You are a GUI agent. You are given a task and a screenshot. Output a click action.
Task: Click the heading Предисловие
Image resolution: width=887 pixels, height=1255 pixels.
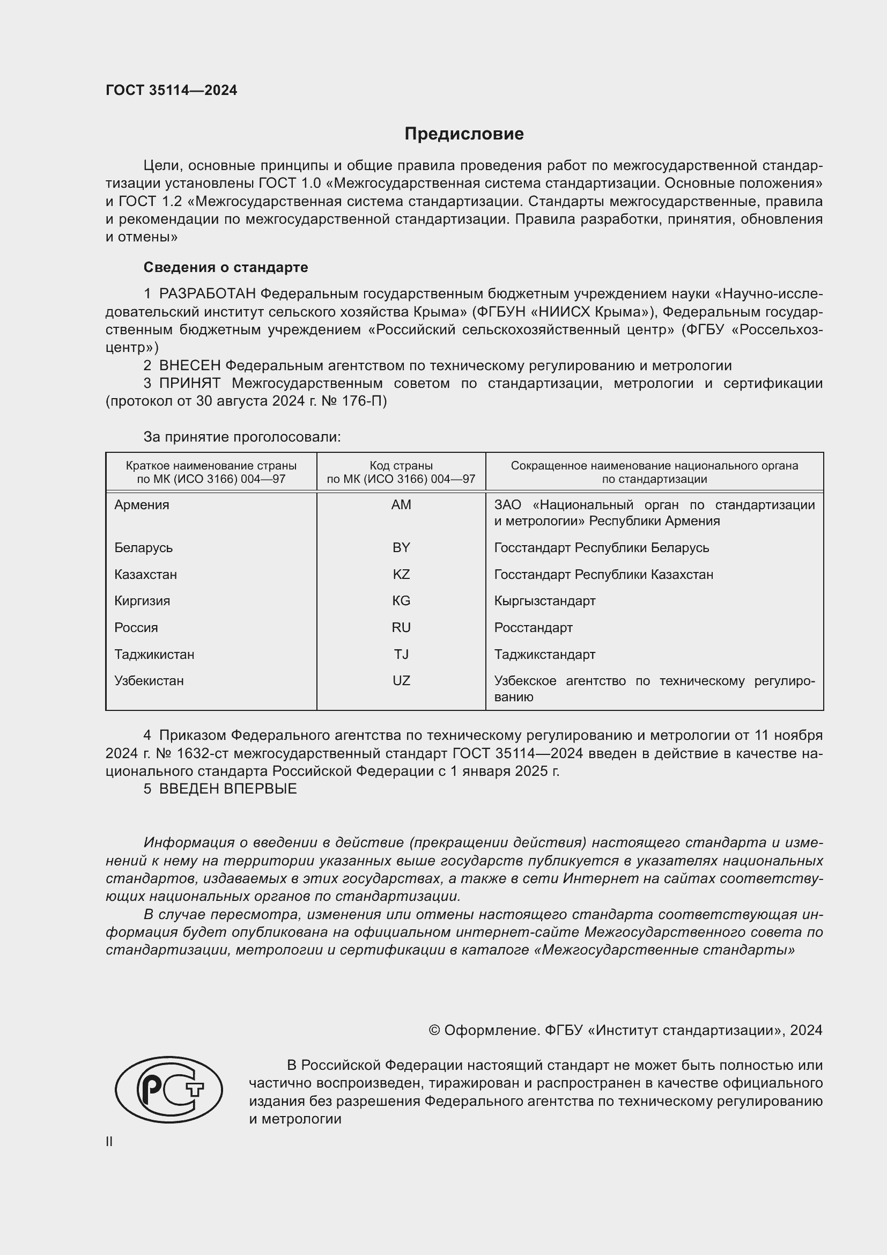click(464, 134)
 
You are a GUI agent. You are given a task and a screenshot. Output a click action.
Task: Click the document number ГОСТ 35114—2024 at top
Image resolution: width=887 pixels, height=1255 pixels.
click(172, 91)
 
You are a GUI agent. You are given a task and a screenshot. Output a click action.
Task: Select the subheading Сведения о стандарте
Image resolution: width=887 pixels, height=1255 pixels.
click(226, 267)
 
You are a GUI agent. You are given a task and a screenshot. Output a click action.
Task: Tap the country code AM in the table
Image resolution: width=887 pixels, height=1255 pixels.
click(401, 505)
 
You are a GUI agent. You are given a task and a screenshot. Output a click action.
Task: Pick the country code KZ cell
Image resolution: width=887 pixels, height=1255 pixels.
click(401, 575)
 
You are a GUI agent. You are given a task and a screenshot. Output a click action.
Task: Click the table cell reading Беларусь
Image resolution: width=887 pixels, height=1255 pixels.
click(143, 548)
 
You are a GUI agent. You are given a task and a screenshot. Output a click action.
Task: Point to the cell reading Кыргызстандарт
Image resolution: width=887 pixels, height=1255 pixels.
click(544, 601)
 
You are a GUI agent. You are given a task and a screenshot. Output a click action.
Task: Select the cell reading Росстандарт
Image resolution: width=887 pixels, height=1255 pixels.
click(533, 628)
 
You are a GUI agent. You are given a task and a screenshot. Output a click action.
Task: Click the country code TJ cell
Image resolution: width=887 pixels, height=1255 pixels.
click(401, 654)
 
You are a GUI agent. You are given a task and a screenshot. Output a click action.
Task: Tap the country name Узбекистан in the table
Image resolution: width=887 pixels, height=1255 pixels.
click(149, 681)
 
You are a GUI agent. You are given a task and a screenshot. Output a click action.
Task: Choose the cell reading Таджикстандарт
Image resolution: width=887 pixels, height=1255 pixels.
click(544, 654)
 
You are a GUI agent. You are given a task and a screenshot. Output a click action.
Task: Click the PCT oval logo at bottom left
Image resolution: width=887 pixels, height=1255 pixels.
click(168, 1089)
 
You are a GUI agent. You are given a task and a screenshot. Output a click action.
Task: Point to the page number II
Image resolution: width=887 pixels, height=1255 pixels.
click(109, 1142)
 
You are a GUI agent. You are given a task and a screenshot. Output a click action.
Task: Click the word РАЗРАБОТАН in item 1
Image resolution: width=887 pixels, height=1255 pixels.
click(207, 294)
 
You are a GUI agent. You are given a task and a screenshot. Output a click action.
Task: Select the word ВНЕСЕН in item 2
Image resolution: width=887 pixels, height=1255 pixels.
click(189, 366)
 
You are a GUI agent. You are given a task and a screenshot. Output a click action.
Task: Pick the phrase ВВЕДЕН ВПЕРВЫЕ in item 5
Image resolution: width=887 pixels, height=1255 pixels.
click(228, 789)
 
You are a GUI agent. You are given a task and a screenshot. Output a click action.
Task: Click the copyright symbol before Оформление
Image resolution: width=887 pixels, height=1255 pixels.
click(434, 1030)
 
